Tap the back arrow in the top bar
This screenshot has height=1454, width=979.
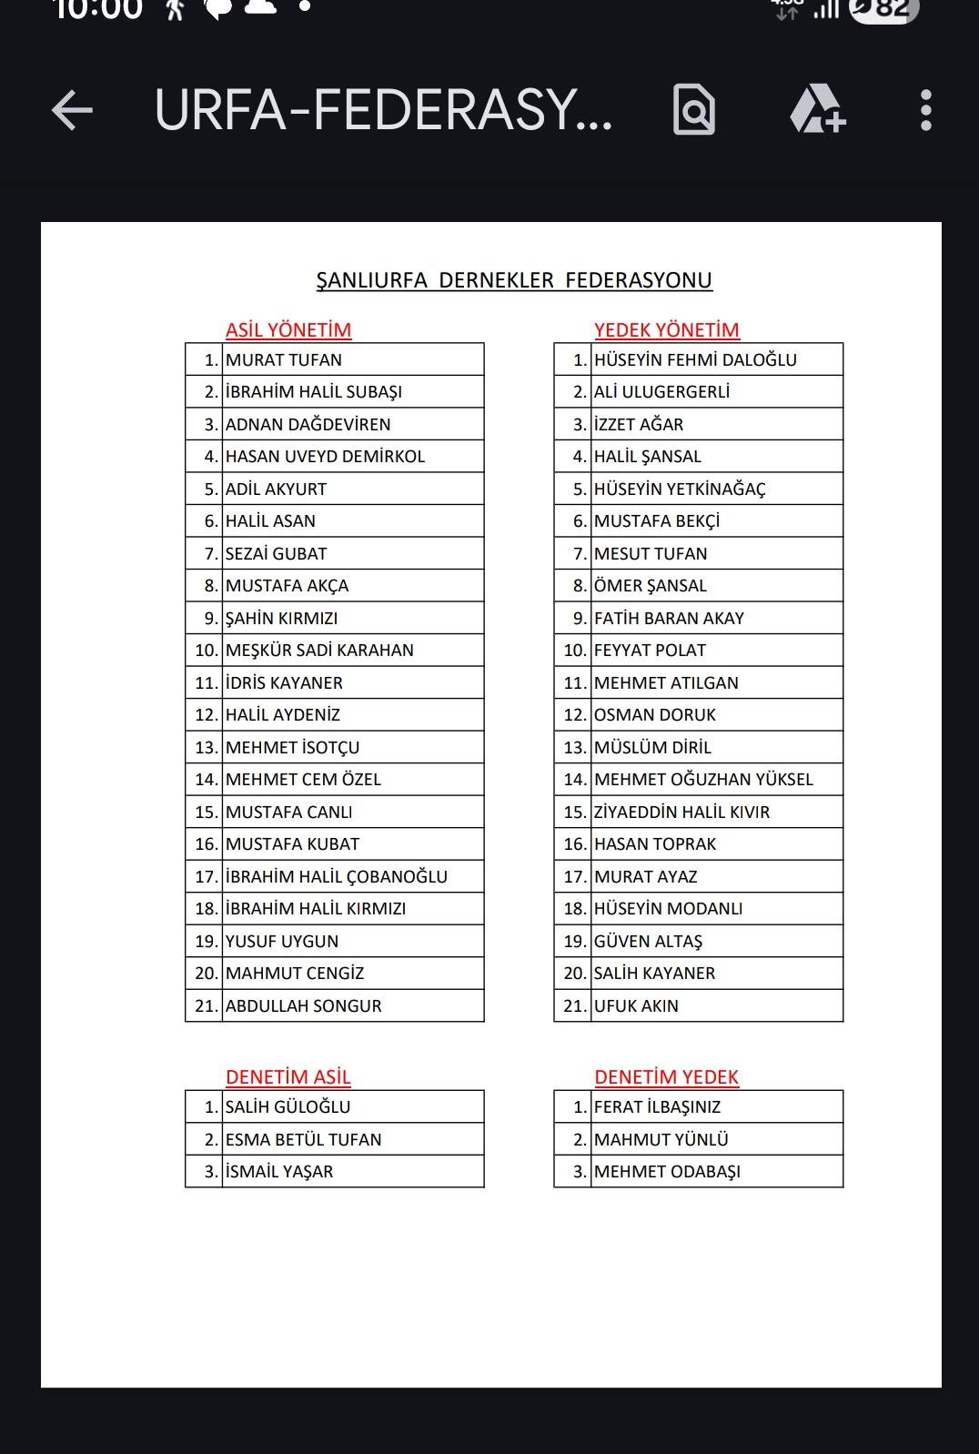coord(73,111)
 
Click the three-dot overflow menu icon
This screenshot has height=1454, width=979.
coord(925,111)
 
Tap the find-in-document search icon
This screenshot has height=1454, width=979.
coord(694,111)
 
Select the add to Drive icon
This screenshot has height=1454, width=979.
coord(817,111)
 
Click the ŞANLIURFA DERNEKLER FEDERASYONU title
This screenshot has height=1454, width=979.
coord(514,280)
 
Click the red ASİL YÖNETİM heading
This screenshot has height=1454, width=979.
coord(288,329)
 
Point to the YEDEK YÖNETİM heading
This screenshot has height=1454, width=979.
coord(667,329)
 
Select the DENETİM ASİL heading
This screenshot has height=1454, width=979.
coord(288,1077)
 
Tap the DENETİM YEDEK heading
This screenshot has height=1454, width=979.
coord(667,1077)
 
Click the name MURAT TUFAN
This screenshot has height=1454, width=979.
coord(284,359)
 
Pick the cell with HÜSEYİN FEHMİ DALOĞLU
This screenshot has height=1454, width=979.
coord(695,359)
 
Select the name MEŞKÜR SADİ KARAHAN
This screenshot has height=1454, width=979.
coord(319,650)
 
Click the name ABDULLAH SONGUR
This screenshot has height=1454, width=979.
coord(304,1005)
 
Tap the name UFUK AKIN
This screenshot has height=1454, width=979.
coord(636,1005)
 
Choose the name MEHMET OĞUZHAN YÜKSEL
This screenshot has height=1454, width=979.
coord(703,779)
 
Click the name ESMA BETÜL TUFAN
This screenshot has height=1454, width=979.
coord(304,1139)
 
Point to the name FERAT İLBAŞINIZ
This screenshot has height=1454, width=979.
coord(657,1106)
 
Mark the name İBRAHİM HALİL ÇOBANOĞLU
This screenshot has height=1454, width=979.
coord(337,876)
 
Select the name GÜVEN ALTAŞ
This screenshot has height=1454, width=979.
coord(648,941)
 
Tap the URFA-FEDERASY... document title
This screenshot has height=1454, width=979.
coord(383,111)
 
